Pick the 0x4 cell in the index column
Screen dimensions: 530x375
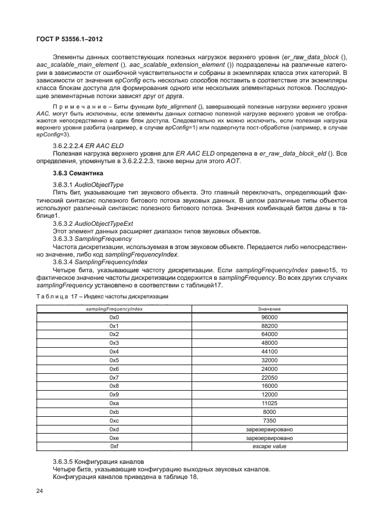click(114, 352)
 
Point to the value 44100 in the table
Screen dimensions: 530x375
click(269, 352)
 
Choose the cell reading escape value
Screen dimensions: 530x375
click(269, 446)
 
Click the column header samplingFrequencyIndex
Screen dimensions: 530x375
click(114, 309)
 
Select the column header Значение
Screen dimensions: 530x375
click(269, 309)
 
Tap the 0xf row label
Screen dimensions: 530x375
click(114, 446)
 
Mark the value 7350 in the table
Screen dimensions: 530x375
click(269, 420)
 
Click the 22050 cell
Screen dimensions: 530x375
click(269, 377)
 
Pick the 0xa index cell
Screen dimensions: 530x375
click(114, 403)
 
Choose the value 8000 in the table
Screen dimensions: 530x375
click(269, 412)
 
